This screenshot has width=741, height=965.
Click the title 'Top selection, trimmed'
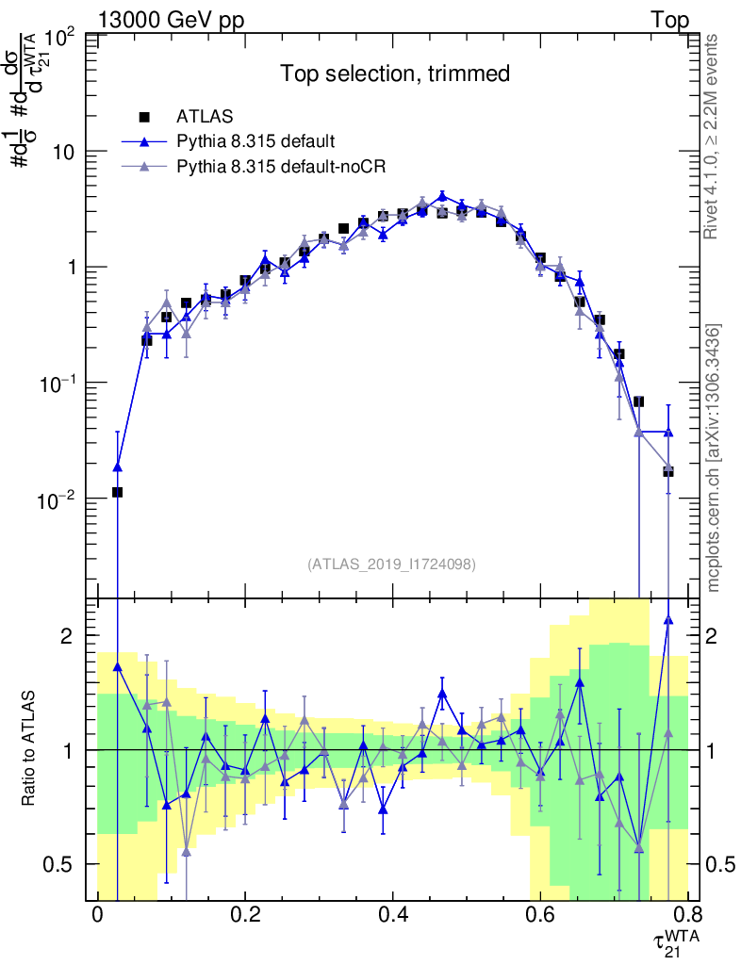click(x=394, y=74)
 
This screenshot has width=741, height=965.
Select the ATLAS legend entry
click(x=199, y=117)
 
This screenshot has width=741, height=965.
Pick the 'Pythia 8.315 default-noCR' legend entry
click(x=274, y=167)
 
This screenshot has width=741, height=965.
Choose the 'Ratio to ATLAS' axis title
click(x=28, y=749)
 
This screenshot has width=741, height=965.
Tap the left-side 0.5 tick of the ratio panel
click(x=62, y=864)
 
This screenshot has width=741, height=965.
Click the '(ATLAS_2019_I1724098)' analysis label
click(x=391, y=564)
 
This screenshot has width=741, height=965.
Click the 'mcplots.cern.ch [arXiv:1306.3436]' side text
click(x=714, y=458)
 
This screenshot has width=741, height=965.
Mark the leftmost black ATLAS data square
click(x=117, y=492)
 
